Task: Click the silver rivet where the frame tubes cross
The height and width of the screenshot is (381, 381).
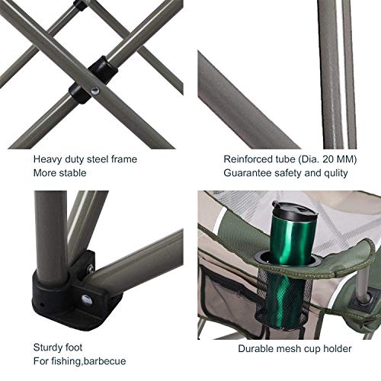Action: pos(94,91)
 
